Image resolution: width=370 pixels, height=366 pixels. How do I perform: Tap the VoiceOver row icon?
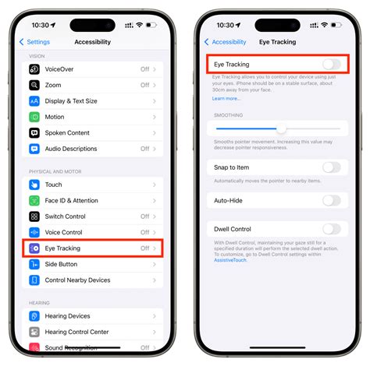34,69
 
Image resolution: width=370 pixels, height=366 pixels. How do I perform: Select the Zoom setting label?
53,85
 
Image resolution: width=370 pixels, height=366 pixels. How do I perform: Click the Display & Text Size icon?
34,100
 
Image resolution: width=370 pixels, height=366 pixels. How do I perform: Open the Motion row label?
55,117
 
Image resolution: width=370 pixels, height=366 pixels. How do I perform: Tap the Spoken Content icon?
34,132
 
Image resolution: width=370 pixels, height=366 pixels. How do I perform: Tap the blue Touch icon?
34,185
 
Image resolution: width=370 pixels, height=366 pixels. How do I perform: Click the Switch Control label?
65,216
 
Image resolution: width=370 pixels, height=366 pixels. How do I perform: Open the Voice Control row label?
63,232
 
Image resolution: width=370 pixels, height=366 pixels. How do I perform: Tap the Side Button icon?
34,264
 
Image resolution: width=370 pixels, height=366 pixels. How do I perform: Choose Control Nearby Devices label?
77,280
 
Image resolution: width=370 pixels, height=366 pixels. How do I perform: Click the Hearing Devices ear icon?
34,316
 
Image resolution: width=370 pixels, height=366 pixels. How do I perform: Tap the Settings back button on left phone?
37,42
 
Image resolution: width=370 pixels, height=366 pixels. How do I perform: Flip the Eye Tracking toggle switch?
331,65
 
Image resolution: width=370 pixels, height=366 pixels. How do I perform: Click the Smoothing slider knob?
281,129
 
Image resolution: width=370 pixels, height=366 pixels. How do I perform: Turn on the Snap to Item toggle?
331,167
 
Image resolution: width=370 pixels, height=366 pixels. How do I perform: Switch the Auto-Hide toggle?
331,200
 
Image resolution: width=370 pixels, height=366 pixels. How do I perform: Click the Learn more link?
226,99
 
